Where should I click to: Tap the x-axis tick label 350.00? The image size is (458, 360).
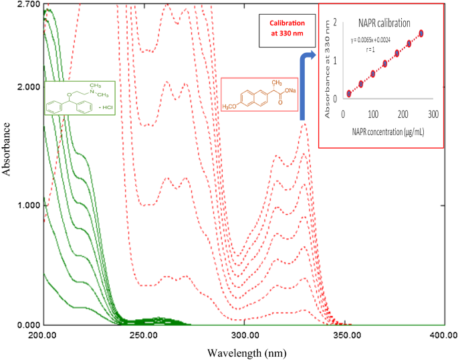pyautogui.click(x=344, y=335)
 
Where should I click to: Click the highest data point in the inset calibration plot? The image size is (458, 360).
pyautogui.click(x=421, y=33)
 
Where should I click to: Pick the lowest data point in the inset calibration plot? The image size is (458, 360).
pyautogui.click(x=348, y=94)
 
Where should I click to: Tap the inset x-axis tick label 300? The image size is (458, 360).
pyautogui.click(x=433, y=114)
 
